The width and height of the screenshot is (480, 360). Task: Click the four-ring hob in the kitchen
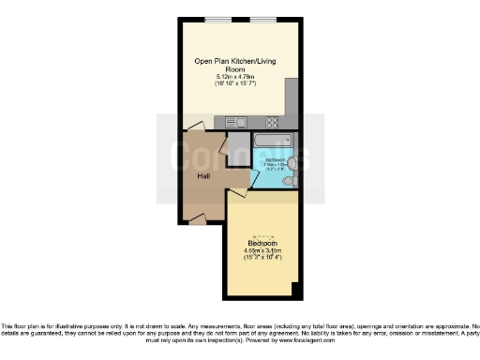click(x=272, y=122)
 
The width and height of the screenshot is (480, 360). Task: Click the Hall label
click(x=202, y=175)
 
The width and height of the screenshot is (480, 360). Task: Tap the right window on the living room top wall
click(x=262, y=20)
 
